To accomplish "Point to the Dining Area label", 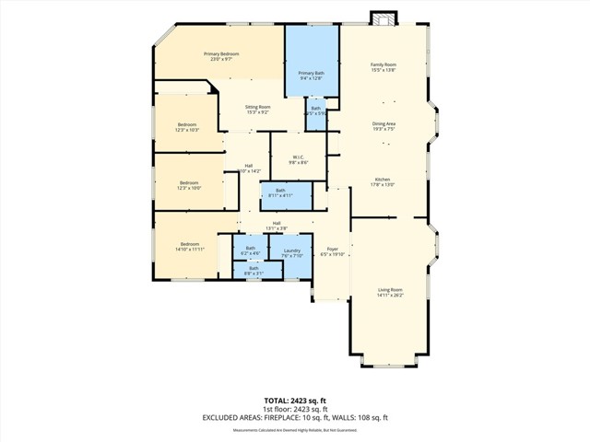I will point(383,126).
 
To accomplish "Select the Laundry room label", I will point(292,253).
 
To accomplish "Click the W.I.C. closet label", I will point(300,159).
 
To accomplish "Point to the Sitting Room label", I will point(257,110).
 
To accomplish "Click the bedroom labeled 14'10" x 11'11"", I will point(189,246).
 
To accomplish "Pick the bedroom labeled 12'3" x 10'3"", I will point(187,127).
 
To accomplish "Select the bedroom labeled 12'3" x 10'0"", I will point(189,185).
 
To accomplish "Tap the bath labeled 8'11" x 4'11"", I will point(280,192).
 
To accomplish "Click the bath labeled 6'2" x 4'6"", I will point(250,250).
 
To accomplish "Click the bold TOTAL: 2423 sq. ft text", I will point(295,401).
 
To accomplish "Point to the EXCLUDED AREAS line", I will point(295,417).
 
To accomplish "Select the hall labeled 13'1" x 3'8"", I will point(277,226).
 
